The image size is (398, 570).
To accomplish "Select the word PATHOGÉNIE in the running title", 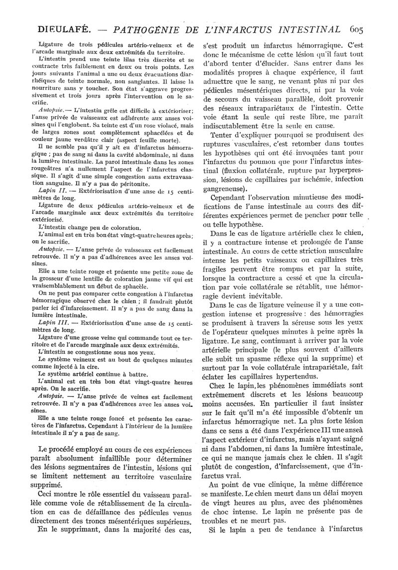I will [142, 29].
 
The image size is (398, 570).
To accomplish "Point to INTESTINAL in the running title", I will [301, 29].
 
